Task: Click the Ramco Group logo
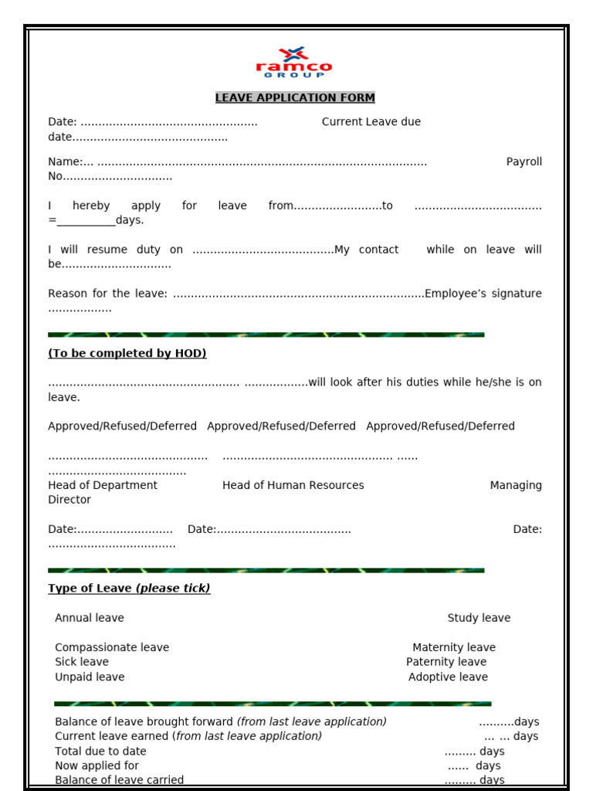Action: coord(294,63)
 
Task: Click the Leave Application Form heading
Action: coord(295,97)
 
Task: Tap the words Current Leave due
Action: coord(371,122)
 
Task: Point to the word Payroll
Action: coord(524,161)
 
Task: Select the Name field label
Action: coord(65,161)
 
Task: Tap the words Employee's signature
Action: coord(483,294)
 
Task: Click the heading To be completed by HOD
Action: coord(127,353)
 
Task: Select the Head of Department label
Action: coord(103,485)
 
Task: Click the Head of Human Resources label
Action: coord(293,485)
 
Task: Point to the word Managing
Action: coord(516,485)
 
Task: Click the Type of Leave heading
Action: coord(129,588)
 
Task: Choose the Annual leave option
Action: coord(90,618)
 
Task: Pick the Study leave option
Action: coord(479,618)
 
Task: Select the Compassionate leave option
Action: coord(112,647)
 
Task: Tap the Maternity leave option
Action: coord(454,647)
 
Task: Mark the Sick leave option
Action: coord(82,662)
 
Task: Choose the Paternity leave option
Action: coord(446,662)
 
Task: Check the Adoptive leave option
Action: coord(448,677)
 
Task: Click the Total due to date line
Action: coord(100,751)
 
